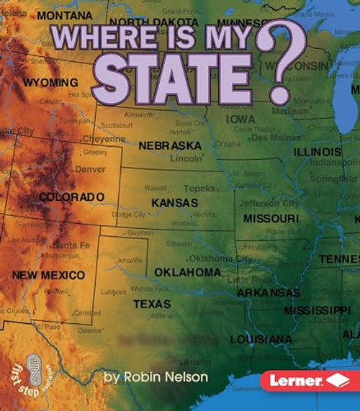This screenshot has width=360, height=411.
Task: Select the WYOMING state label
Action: click(50, 83)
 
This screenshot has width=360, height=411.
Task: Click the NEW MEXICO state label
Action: click(48, 275)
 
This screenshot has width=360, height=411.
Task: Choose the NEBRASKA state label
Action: click(170, 145)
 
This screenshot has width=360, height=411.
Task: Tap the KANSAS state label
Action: click(174, 203)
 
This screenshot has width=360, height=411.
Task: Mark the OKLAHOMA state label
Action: click(187, 272)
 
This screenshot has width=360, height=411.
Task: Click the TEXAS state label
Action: click(152, 304)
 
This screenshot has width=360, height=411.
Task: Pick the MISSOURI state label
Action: click(271, 218)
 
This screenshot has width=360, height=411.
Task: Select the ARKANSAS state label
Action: click(269, 293)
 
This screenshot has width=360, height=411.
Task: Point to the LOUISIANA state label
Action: click(261, 339)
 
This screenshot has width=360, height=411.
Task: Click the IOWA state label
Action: click(240, 119)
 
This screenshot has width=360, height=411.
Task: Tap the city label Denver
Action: click(90, 169)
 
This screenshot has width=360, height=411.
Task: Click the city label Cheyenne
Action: click(104, 138)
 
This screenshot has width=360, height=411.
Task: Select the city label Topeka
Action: click(199, 188)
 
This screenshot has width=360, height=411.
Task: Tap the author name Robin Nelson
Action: click(156, 376)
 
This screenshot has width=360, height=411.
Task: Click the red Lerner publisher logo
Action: click(310, 379)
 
